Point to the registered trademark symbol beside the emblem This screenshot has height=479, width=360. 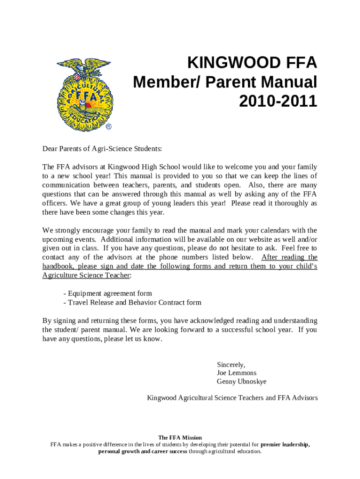108,127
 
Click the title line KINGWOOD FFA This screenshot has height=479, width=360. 252,62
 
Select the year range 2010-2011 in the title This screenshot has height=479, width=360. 278,101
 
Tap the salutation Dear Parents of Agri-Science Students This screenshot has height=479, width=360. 102,149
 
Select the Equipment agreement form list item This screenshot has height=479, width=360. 108,293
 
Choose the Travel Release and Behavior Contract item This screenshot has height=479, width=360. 132,302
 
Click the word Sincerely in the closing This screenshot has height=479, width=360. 231,364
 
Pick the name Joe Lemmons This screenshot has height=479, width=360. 237,373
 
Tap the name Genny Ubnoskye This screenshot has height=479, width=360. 242,381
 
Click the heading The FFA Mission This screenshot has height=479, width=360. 180,438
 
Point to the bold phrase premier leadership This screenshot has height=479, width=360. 285,444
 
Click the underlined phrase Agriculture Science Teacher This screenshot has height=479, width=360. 86,275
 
